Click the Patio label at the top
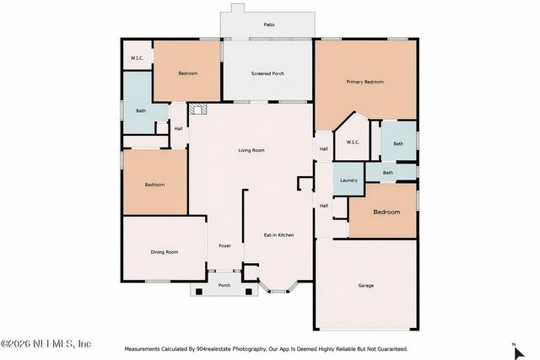[268, 25]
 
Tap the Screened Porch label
[267, 74]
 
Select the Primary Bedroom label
[365, 82]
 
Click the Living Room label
[251, 150]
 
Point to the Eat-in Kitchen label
[278, 234]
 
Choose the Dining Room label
[164, 252]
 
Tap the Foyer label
[224, 245]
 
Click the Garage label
[365, 286]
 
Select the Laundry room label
[348, 181]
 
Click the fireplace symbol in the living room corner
[197, 109]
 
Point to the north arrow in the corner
[514, 343]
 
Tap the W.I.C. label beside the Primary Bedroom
[353, 142]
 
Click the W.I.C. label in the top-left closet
[136, 58]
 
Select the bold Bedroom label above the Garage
[386, 212]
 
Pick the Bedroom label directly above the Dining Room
[154, 185]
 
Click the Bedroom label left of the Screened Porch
[187, 74]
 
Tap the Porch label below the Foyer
[224, 285]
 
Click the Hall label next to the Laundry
[323, 205]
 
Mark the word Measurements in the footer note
[147, 348]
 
